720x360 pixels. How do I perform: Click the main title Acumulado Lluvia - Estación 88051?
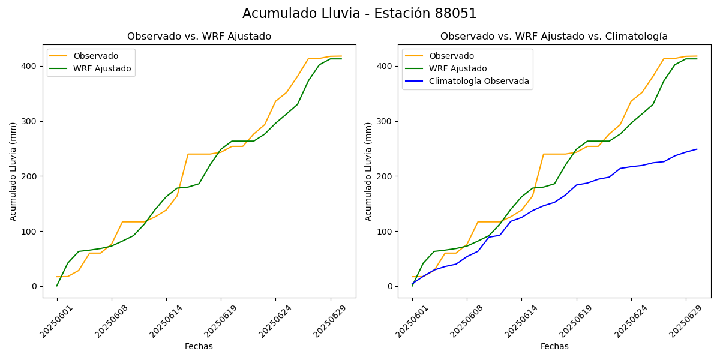click(x=359, y=13)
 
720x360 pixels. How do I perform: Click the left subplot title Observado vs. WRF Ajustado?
click(x=199, y=37)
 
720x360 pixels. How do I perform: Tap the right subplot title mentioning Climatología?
click(x=554, y=37)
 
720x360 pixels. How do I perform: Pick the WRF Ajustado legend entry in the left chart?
click(x=102, y=68)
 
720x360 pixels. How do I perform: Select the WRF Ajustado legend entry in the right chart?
click(x=458, y=68)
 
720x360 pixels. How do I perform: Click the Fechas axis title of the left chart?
click(x=199, y=346)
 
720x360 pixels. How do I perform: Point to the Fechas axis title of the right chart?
click(x=554, y=346)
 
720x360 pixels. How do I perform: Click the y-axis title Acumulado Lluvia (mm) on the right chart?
click(x=368, y=171)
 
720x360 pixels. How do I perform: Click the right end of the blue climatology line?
click(x=697, y=149)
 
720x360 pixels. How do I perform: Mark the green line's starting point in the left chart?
click(x=57, y=286)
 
